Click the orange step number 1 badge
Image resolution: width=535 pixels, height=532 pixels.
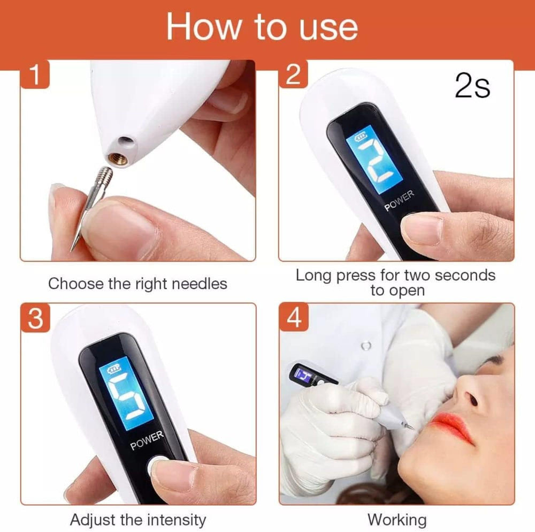(35, 74)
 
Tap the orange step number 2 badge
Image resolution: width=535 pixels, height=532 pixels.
(293, 74)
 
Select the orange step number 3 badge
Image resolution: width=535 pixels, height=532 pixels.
(35, 318)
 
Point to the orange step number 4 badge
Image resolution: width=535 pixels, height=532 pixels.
(294, 318)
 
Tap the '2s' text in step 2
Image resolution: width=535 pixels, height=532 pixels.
(472, 86)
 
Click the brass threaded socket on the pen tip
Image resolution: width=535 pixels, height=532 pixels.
(118, 158)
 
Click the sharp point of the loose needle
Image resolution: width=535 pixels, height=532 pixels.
(72, 250)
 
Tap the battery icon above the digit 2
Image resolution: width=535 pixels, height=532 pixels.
(361, 137)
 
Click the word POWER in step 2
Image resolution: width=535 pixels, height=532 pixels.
(399, 201)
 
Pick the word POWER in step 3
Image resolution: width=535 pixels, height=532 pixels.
(147, 441)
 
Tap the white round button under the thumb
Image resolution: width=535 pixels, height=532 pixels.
(155, 466)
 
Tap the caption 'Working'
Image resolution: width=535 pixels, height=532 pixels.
(397, 520)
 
